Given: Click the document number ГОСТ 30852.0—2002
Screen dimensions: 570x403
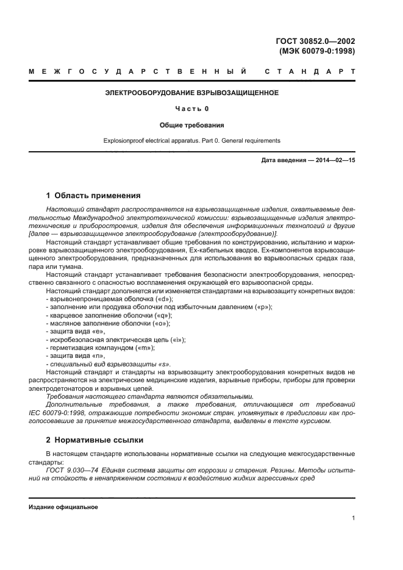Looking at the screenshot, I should pos(316,41).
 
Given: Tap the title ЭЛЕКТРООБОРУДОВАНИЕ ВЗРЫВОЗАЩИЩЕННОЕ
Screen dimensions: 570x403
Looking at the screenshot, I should pos(192,93).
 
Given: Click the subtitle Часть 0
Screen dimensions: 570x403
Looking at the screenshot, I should pos(192,109).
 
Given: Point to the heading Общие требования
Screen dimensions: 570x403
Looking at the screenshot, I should pos(192,125).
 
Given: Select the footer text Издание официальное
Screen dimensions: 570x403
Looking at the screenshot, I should pos(63,507).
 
